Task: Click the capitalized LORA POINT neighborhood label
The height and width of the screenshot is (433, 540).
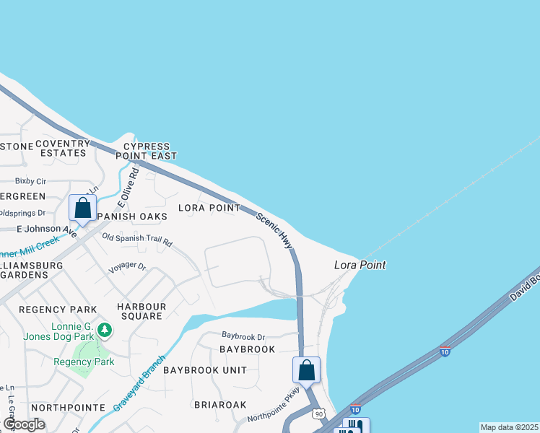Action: click(x=209, y=208)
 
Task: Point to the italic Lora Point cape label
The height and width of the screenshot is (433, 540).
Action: click(x=360, y=265)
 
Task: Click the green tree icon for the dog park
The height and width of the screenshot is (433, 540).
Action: click(x=105, y=331)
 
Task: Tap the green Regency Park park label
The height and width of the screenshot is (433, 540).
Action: click(x=84, y=362)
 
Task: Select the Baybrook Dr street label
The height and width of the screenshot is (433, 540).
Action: click(x=243, y=336)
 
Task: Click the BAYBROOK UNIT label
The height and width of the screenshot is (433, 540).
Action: click(x=204, y=370)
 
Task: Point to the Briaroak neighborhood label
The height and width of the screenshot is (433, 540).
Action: click(x=220, y=405)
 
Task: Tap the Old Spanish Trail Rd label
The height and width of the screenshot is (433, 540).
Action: click(x=137, y=239)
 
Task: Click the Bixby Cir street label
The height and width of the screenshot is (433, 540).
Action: click(x=30, y=181)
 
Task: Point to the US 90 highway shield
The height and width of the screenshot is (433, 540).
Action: click(x=318, y=414)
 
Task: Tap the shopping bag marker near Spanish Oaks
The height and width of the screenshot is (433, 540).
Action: click(x=82, y=209)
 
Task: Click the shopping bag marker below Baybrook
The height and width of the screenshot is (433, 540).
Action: click(x=306, y=370)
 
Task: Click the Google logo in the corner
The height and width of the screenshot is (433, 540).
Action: click(x=25, y=424)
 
